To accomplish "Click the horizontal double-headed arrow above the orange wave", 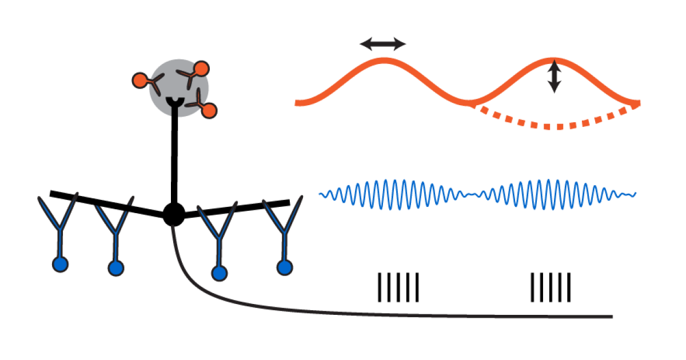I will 382,44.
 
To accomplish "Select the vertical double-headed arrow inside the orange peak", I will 554,77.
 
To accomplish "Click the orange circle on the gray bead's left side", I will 139,80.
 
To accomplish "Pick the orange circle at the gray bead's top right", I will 201,69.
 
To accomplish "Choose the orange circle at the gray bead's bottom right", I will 209,110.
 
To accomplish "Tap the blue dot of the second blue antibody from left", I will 116,267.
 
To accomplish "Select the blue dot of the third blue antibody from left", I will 219,274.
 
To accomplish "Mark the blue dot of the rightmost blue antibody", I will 284,267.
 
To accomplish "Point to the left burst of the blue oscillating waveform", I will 394,194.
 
